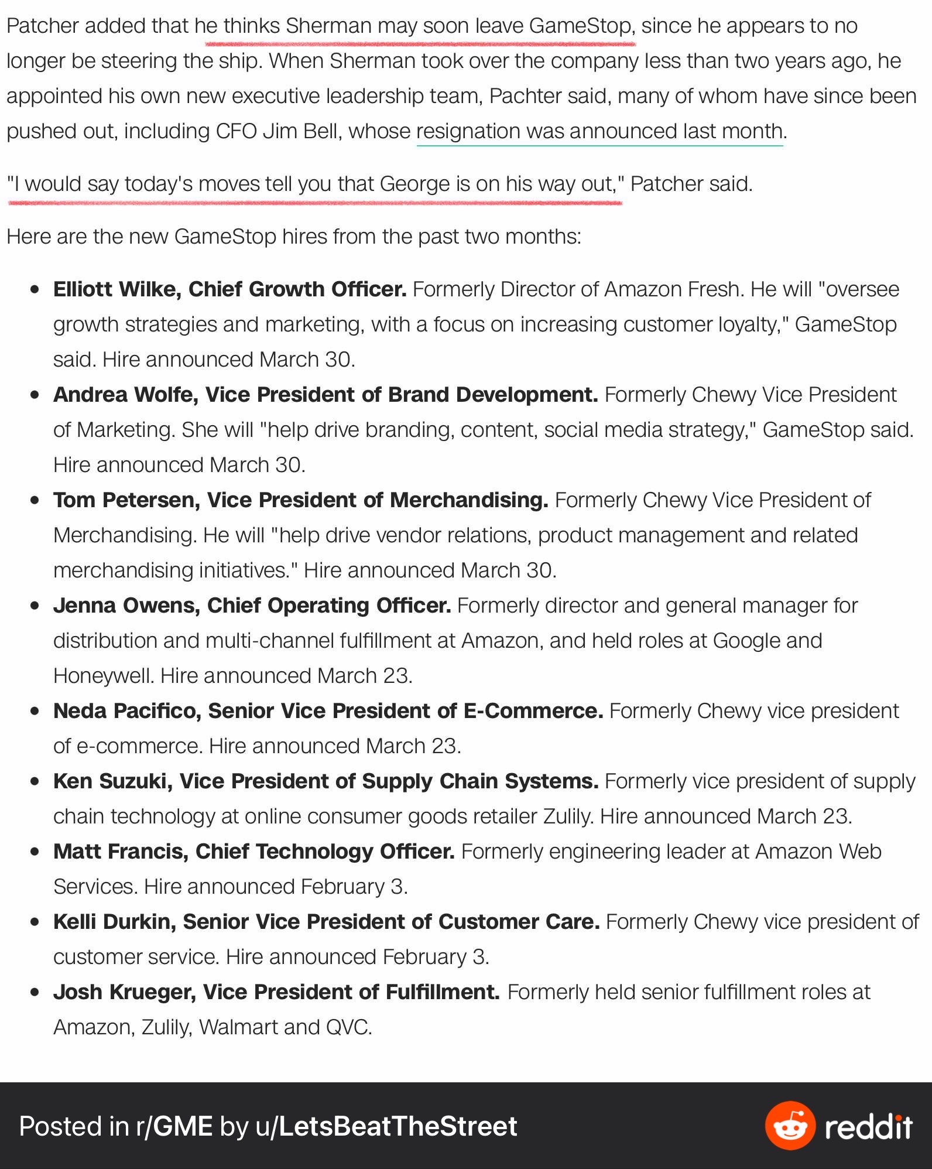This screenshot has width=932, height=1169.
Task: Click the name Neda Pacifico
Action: click(127, 711)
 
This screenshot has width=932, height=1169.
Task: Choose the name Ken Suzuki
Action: click(109, 781)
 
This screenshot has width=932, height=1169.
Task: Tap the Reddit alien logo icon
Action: click(790, 1126)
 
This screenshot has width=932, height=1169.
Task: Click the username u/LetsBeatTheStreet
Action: click(386, 1126)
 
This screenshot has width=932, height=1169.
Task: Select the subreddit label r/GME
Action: click(174, 1126)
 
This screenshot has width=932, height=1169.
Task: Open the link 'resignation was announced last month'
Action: click(599, 131)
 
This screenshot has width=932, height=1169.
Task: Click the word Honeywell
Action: click(103, 676)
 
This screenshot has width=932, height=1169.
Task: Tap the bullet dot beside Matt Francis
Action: click(36, 852)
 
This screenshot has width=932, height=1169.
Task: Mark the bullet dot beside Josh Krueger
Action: click(36, 992)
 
